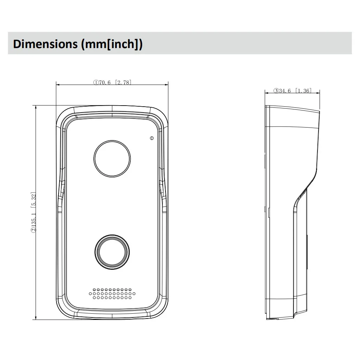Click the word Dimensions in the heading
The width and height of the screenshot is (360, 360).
pyautogui.click(x=45, y=44)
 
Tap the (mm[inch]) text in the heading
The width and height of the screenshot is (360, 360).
pyautogui.click(x=112, y=44)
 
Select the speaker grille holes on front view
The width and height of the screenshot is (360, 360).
pyautogui.click(x=112, y=294)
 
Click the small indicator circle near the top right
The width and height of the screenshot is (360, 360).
pyautogui.click(x=152, y=138)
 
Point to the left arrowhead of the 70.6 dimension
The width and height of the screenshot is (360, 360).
pyautogui.click(x=58, y=85)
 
